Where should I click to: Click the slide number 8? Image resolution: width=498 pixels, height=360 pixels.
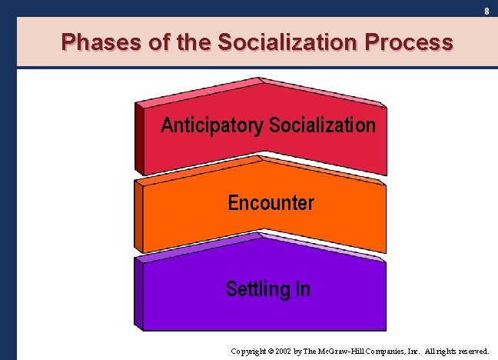coord(486,11)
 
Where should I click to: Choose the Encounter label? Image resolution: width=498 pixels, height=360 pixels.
coord(271,203)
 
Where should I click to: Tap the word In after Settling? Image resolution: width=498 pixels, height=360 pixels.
coord(302,289)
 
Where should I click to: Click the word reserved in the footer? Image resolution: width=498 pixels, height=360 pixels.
coord(470,350)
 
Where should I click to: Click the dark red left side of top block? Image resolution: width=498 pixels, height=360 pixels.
coord(139,138)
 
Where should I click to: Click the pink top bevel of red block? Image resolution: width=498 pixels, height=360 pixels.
coord(200,92)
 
